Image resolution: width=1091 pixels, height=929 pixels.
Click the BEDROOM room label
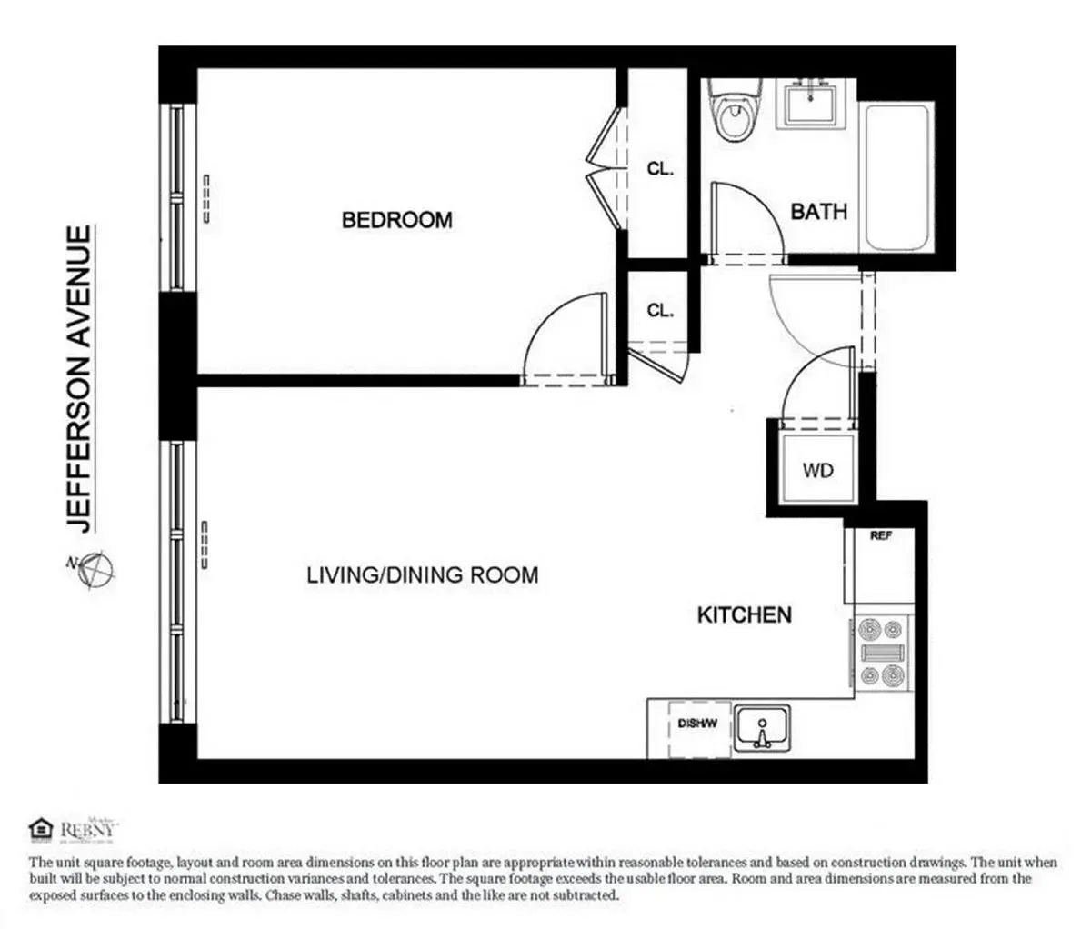(396, 220)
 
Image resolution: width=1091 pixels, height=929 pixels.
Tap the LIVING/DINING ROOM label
(422, 574)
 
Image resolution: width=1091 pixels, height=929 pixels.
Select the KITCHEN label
(744, 615)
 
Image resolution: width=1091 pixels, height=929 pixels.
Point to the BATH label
(818, 212)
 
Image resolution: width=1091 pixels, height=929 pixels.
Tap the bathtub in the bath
(897, 176)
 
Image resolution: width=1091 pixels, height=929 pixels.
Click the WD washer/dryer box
(817, 471)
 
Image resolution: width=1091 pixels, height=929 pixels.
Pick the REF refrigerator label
(880, 536)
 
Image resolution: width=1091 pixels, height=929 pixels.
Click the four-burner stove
(882, 651)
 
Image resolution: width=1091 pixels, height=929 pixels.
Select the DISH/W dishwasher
(698, 726)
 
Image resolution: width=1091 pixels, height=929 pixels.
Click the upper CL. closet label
(660, 168)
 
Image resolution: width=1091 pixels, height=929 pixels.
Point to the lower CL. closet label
(660, 310)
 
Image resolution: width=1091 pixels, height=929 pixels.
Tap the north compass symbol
(95, 571)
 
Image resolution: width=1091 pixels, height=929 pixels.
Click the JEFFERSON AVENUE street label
(81, 380)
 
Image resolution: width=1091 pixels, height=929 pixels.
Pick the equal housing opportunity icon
(39, 829)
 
